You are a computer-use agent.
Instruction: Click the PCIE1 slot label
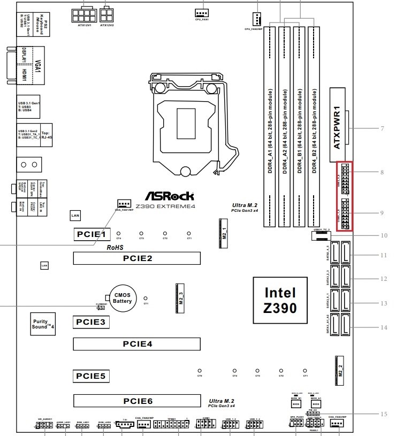92,234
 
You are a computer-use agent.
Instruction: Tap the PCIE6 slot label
137,401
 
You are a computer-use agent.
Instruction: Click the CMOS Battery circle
122,298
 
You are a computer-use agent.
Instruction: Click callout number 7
382,128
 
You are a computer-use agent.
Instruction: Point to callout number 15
382,413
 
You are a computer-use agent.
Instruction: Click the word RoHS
116,248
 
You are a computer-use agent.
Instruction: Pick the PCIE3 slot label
92,322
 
